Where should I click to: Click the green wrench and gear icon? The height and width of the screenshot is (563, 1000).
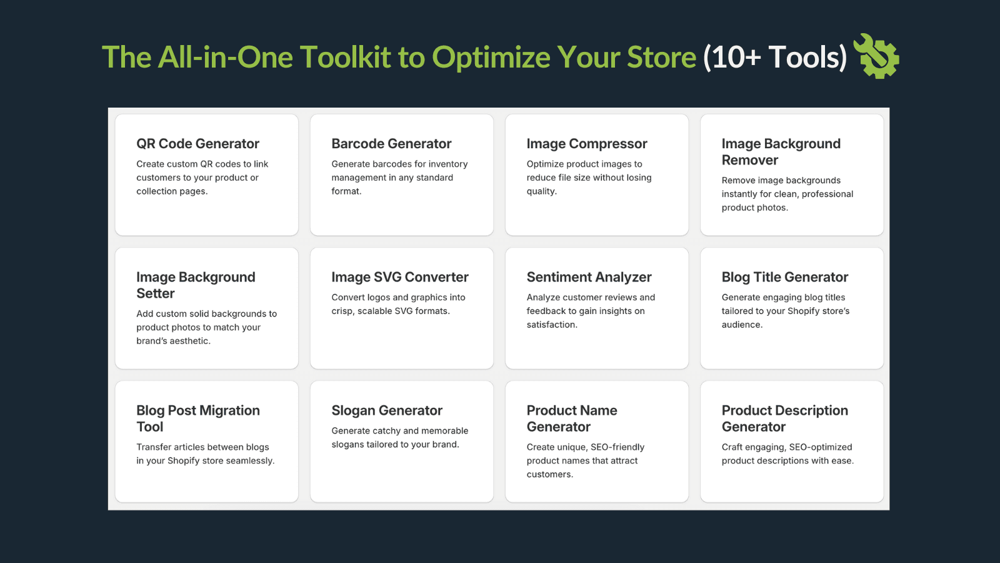878,56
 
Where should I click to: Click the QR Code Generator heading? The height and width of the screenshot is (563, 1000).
197,144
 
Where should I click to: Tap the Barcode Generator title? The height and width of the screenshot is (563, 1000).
391,144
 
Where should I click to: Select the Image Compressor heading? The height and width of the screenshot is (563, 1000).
586,144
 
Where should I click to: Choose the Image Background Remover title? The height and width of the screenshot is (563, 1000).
780,152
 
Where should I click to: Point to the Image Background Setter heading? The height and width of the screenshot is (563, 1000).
195,285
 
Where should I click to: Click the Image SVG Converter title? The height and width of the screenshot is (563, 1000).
399,277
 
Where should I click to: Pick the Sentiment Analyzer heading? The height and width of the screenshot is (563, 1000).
589,277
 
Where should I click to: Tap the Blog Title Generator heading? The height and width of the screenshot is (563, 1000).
784,277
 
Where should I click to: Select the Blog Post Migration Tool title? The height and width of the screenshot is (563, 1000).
197,418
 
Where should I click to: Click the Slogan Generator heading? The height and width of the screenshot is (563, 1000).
386,410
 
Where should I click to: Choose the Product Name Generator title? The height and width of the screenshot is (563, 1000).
571,418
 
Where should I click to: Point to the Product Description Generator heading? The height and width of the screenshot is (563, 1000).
784,418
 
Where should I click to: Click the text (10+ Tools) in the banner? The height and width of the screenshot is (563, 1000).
775,58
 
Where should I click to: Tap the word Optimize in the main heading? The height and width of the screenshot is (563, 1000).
491,58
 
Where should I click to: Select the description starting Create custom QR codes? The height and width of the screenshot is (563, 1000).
202,178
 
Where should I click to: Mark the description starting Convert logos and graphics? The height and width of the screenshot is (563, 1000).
397,304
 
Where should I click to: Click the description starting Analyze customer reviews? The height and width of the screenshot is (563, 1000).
590,311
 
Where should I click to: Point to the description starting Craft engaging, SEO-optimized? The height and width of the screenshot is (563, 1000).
787,454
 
